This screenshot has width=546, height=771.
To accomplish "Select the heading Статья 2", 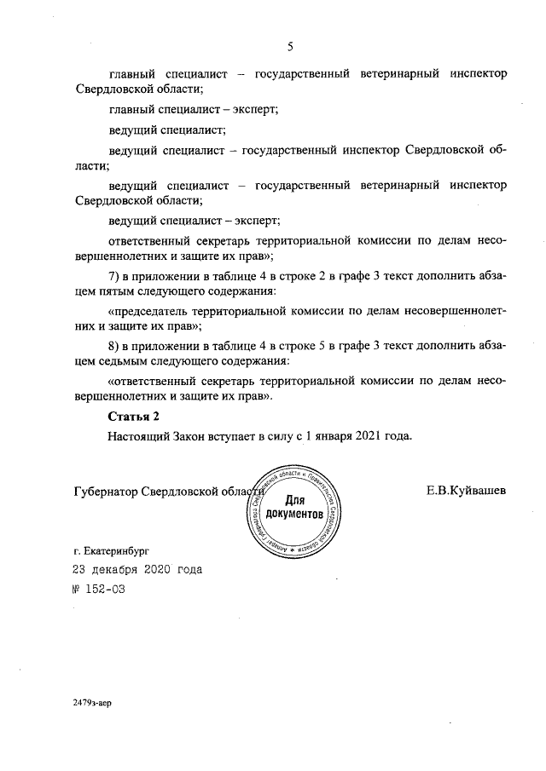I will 133,416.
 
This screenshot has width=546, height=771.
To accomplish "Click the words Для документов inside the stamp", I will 294,508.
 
